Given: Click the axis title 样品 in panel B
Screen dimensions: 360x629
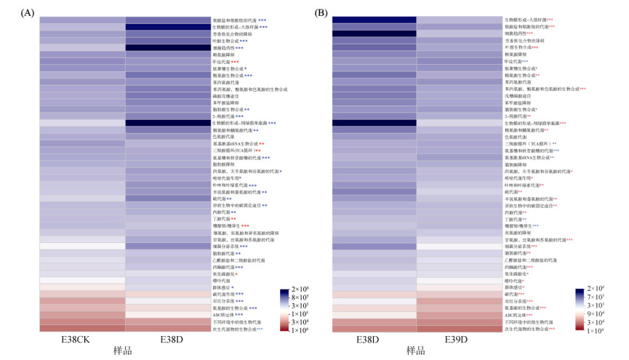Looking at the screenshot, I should pyautogui.click(x=415, y=351).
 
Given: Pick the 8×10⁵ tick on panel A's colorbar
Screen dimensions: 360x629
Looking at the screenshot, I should pyautogui.click(x=297, y=297).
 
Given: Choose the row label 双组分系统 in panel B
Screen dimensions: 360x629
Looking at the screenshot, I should pyautogui.click(x=517, y=300).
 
